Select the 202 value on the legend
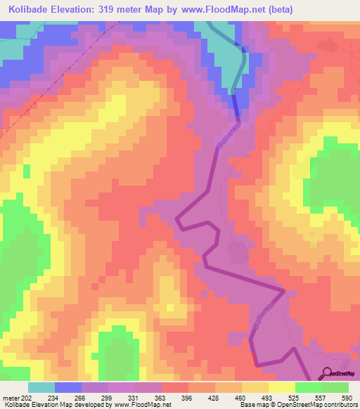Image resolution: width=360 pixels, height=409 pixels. click(x=27, y=399)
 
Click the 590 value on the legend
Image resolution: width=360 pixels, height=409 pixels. click(x=347, y=399)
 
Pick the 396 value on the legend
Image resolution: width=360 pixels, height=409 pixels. click(x=187, y=399)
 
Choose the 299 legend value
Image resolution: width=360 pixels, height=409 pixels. click(x=107, y=399)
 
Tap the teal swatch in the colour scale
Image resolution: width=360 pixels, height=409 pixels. click(x=41, y=388)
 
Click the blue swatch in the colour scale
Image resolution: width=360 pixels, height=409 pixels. click(x=68, y=388)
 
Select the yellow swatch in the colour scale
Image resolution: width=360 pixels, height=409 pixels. click(x=282, y=388)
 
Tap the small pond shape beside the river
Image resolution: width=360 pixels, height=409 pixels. click(x=236, y=250)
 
